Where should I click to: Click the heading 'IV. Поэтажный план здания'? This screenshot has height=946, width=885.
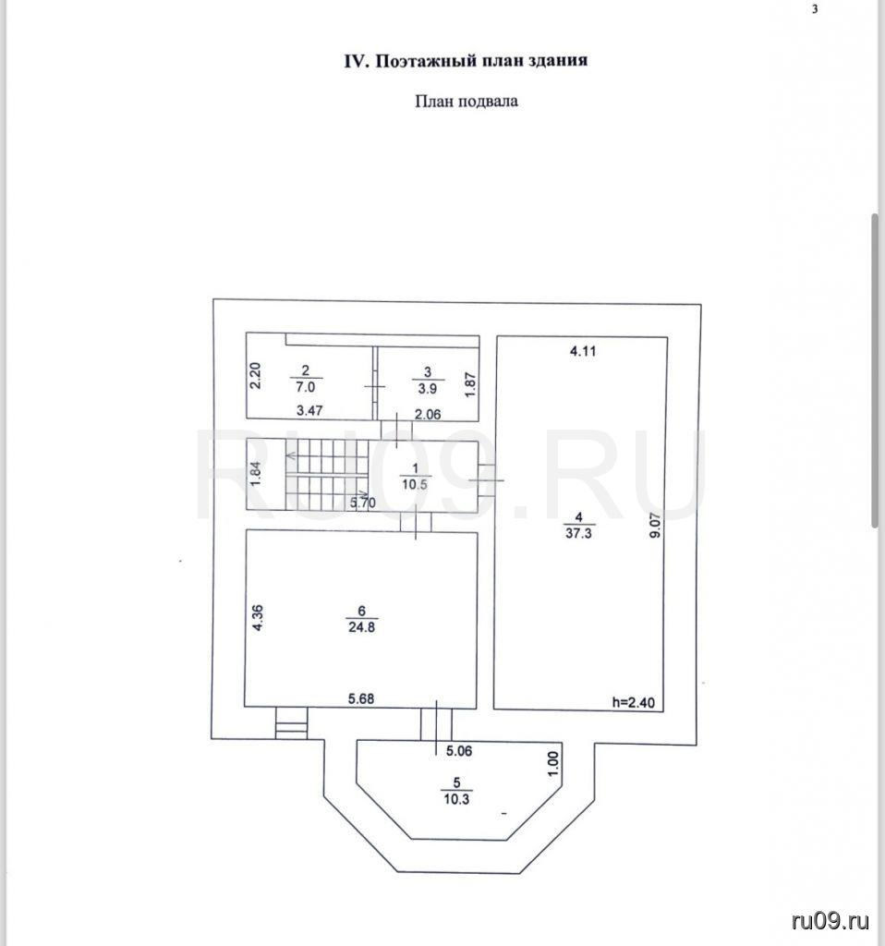point(466,61)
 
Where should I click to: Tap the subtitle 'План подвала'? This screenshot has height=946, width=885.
point(465,101)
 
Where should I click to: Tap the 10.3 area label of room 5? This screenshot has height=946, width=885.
point(455,800)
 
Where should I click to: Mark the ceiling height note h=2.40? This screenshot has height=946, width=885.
point(634,702)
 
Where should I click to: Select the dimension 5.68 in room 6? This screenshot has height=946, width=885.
point(363,697)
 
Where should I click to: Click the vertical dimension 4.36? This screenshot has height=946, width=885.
point(261,617)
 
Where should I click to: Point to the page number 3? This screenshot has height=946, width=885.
point(814,10)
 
